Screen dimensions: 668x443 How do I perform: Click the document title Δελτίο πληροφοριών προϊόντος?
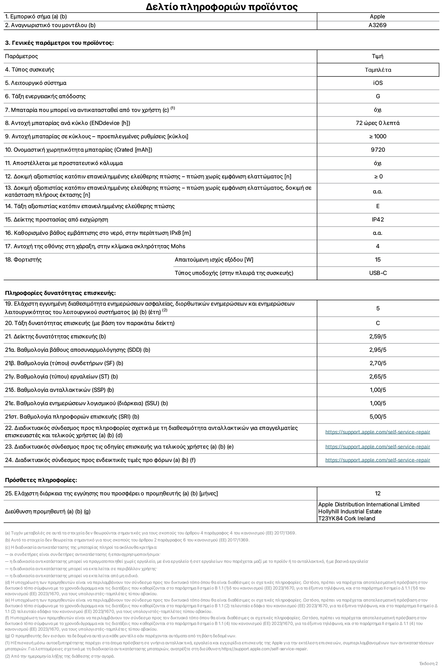click(x=221, y=7)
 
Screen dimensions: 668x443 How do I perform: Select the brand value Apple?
click(x=377, y=17)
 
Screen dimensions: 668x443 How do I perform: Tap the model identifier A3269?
click(x=377, y=25)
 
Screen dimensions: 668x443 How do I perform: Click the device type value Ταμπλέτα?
click(x=378, y=70)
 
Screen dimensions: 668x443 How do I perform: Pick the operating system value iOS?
click(x=378, y=83)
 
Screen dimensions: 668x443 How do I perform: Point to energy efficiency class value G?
click(x=378, y=97)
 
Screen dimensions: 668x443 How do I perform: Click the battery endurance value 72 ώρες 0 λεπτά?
click(x=378, y=123)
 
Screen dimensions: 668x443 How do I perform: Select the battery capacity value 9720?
click(x=378, y=150)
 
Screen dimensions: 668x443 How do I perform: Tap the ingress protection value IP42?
click(x=378, y=220)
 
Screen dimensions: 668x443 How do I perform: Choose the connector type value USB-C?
click(x=378, y=273)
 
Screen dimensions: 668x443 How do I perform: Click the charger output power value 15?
click(x=378, y=260)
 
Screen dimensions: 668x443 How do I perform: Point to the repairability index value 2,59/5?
click(x=378, y=337)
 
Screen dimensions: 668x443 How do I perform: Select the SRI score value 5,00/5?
click(x=378, y=417)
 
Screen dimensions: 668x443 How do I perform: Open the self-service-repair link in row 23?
click(x=378, y=447)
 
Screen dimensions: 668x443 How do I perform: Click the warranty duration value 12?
click(x=378, y=494)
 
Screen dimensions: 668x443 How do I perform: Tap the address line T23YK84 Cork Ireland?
click(x=346, y=519)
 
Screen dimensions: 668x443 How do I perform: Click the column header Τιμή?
click(x=377, y=56)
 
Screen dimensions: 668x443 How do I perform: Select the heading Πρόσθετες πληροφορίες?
click(x=41, y=480)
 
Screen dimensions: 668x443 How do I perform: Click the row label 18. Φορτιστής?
click(x=23, y=260)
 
